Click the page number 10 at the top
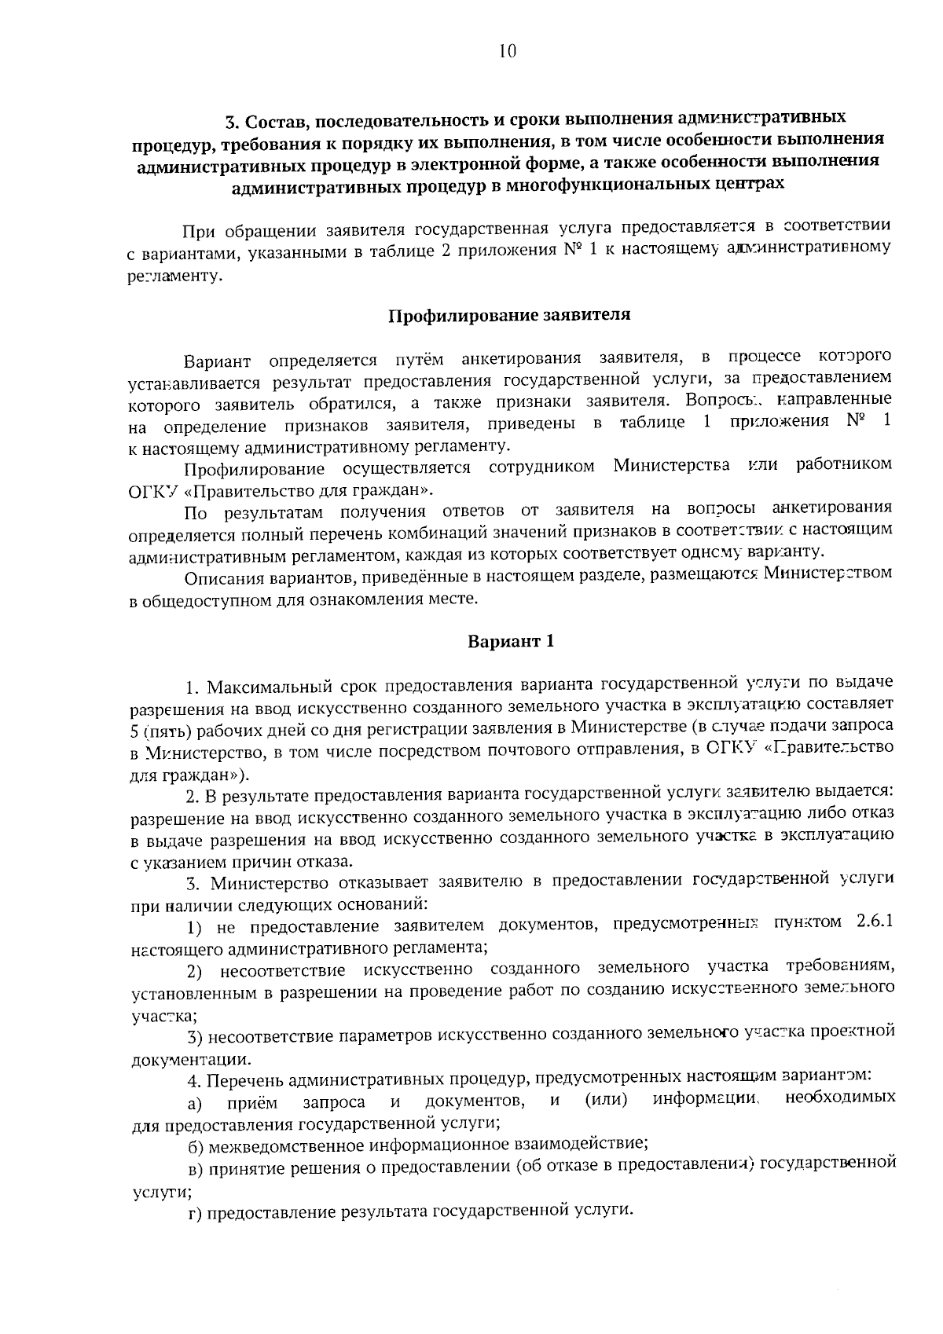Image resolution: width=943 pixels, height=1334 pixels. (507, 52)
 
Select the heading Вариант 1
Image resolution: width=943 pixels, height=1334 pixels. (511, 640)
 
